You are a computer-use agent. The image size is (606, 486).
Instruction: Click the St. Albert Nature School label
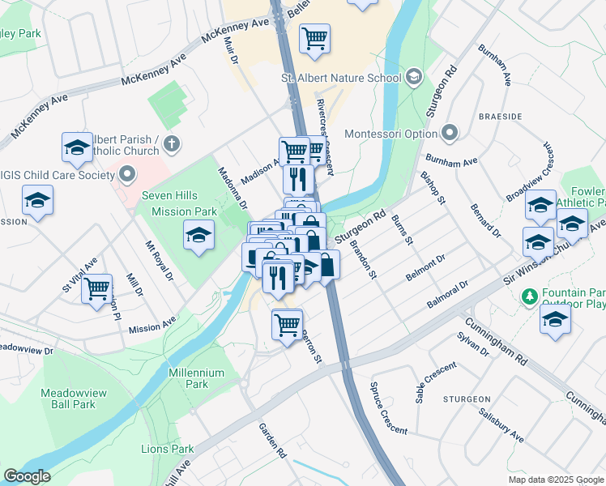pyautogui.click(x=341, y=78)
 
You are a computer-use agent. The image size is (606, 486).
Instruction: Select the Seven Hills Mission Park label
pyautogui.click(x=180, y=203)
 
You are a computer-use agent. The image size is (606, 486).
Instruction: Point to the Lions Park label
pyautogui.click(x=168, y=449)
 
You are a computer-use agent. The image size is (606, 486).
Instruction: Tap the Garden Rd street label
pyautogui.click(x=273, y=441)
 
